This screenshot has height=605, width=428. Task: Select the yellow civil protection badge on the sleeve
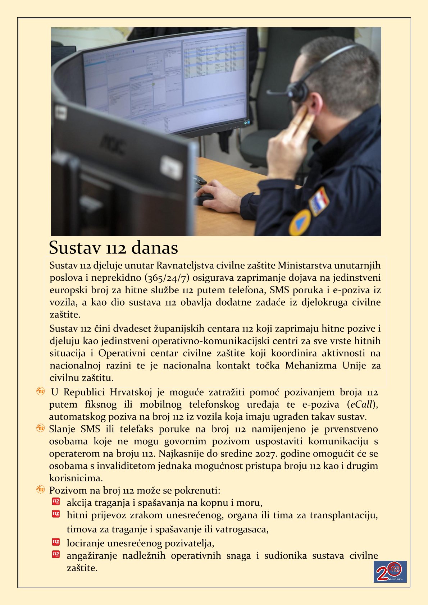click(300, 222)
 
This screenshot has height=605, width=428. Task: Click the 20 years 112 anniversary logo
click(390, 572)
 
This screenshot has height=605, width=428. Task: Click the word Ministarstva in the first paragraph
click(305, 266)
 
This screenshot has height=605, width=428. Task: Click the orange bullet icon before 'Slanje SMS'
click(40, 428)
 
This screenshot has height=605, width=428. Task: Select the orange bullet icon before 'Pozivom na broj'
click(40, 490)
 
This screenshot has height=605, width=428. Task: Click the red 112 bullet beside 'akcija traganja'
click(56, 501)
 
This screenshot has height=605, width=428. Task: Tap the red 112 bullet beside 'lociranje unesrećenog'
click(56, 542)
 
